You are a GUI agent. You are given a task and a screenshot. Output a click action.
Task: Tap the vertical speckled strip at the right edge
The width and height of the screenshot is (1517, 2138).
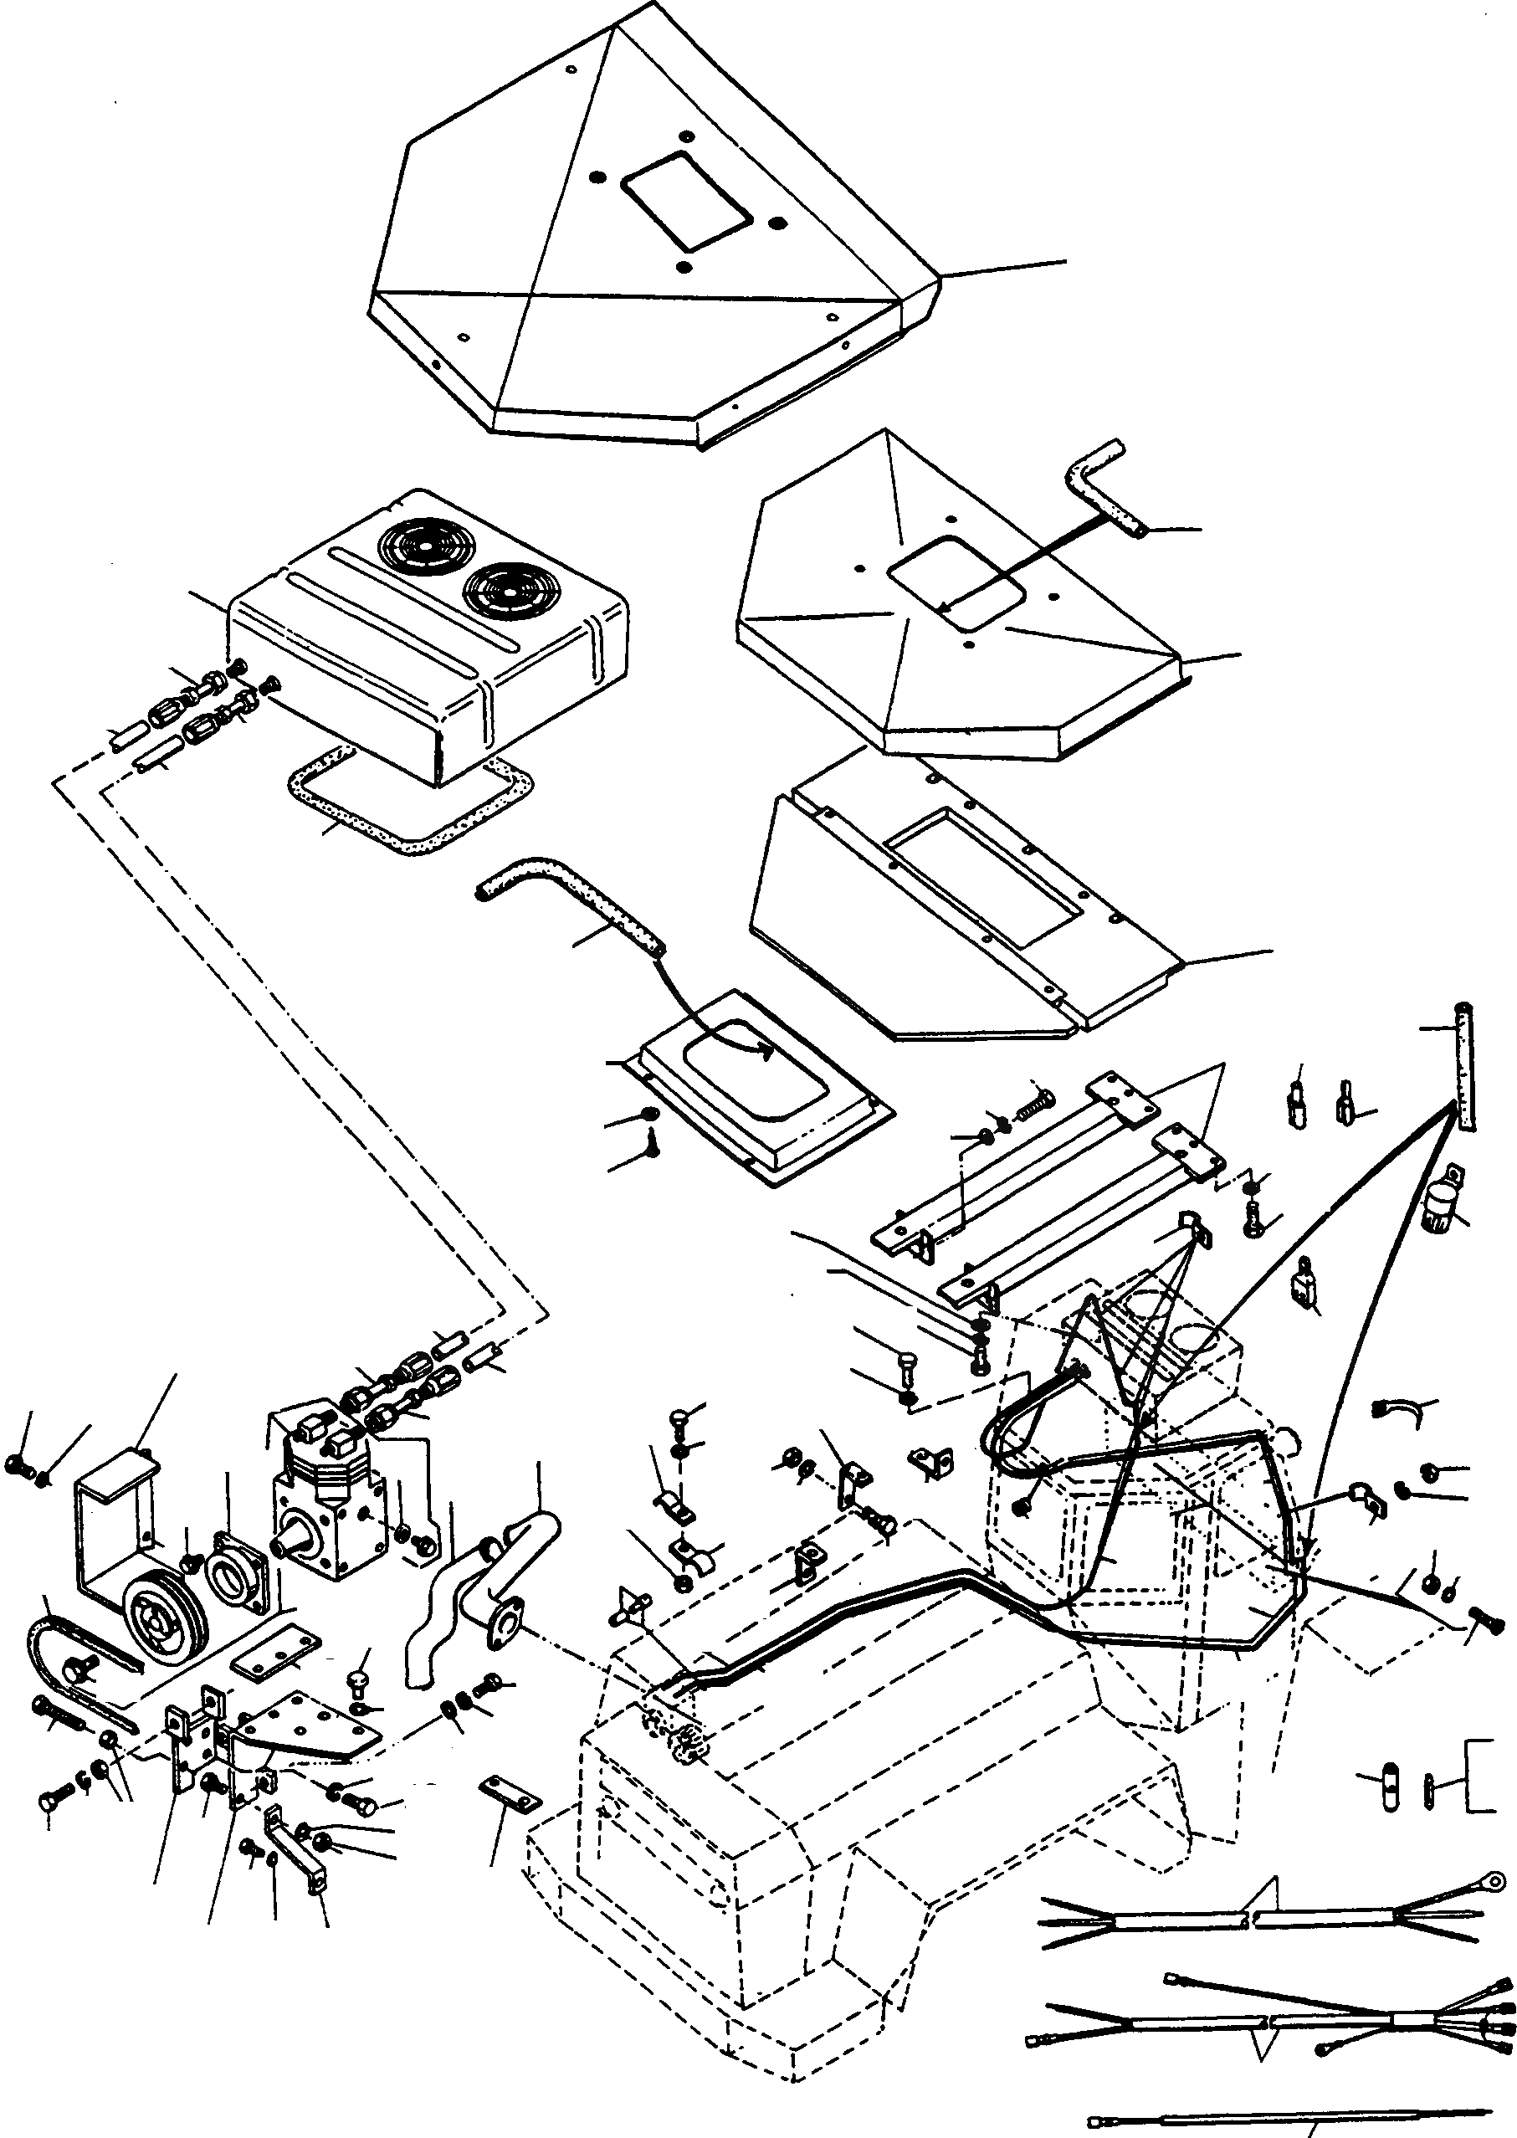tap(1464, 1064)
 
